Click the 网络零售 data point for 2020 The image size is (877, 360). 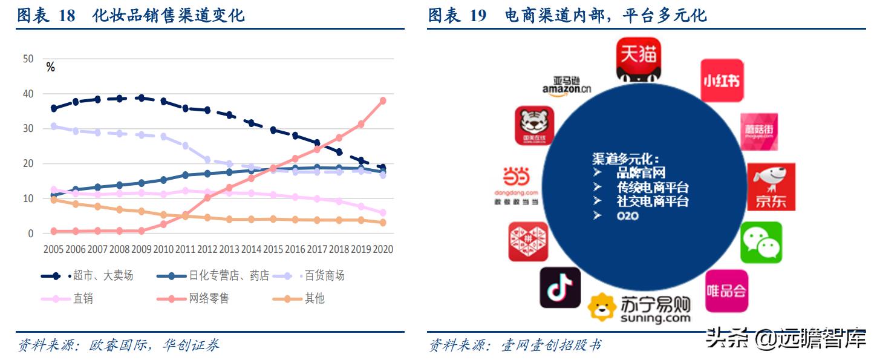coord(382,100)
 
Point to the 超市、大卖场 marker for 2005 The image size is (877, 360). coord(54,108)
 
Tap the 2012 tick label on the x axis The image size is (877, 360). coord(207,249)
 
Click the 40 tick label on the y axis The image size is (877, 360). coord(28,94)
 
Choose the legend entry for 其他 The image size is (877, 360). coord(315,298)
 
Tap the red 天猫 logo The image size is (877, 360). coord(638,59)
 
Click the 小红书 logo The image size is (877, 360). coord(722,80)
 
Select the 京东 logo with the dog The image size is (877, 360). coord(771,186)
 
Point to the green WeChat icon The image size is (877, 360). coord(761,242)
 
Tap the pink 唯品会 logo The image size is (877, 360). coord(726,290)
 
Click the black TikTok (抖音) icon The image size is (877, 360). coord(559,287)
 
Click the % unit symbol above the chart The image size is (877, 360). coord(50,68)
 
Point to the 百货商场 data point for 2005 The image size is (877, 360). coord(54,126)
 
